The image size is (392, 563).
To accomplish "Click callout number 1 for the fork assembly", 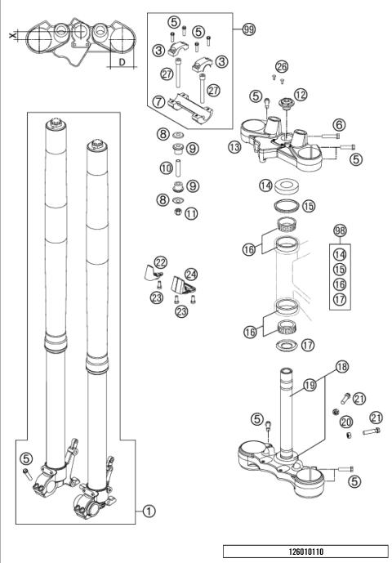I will (149, 512).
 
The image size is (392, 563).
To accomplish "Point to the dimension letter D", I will (121, 61).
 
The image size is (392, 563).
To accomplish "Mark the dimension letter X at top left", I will (11, 37).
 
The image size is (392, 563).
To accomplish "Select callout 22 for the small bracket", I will (161, 262).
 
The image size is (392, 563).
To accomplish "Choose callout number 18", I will (341, 368).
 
